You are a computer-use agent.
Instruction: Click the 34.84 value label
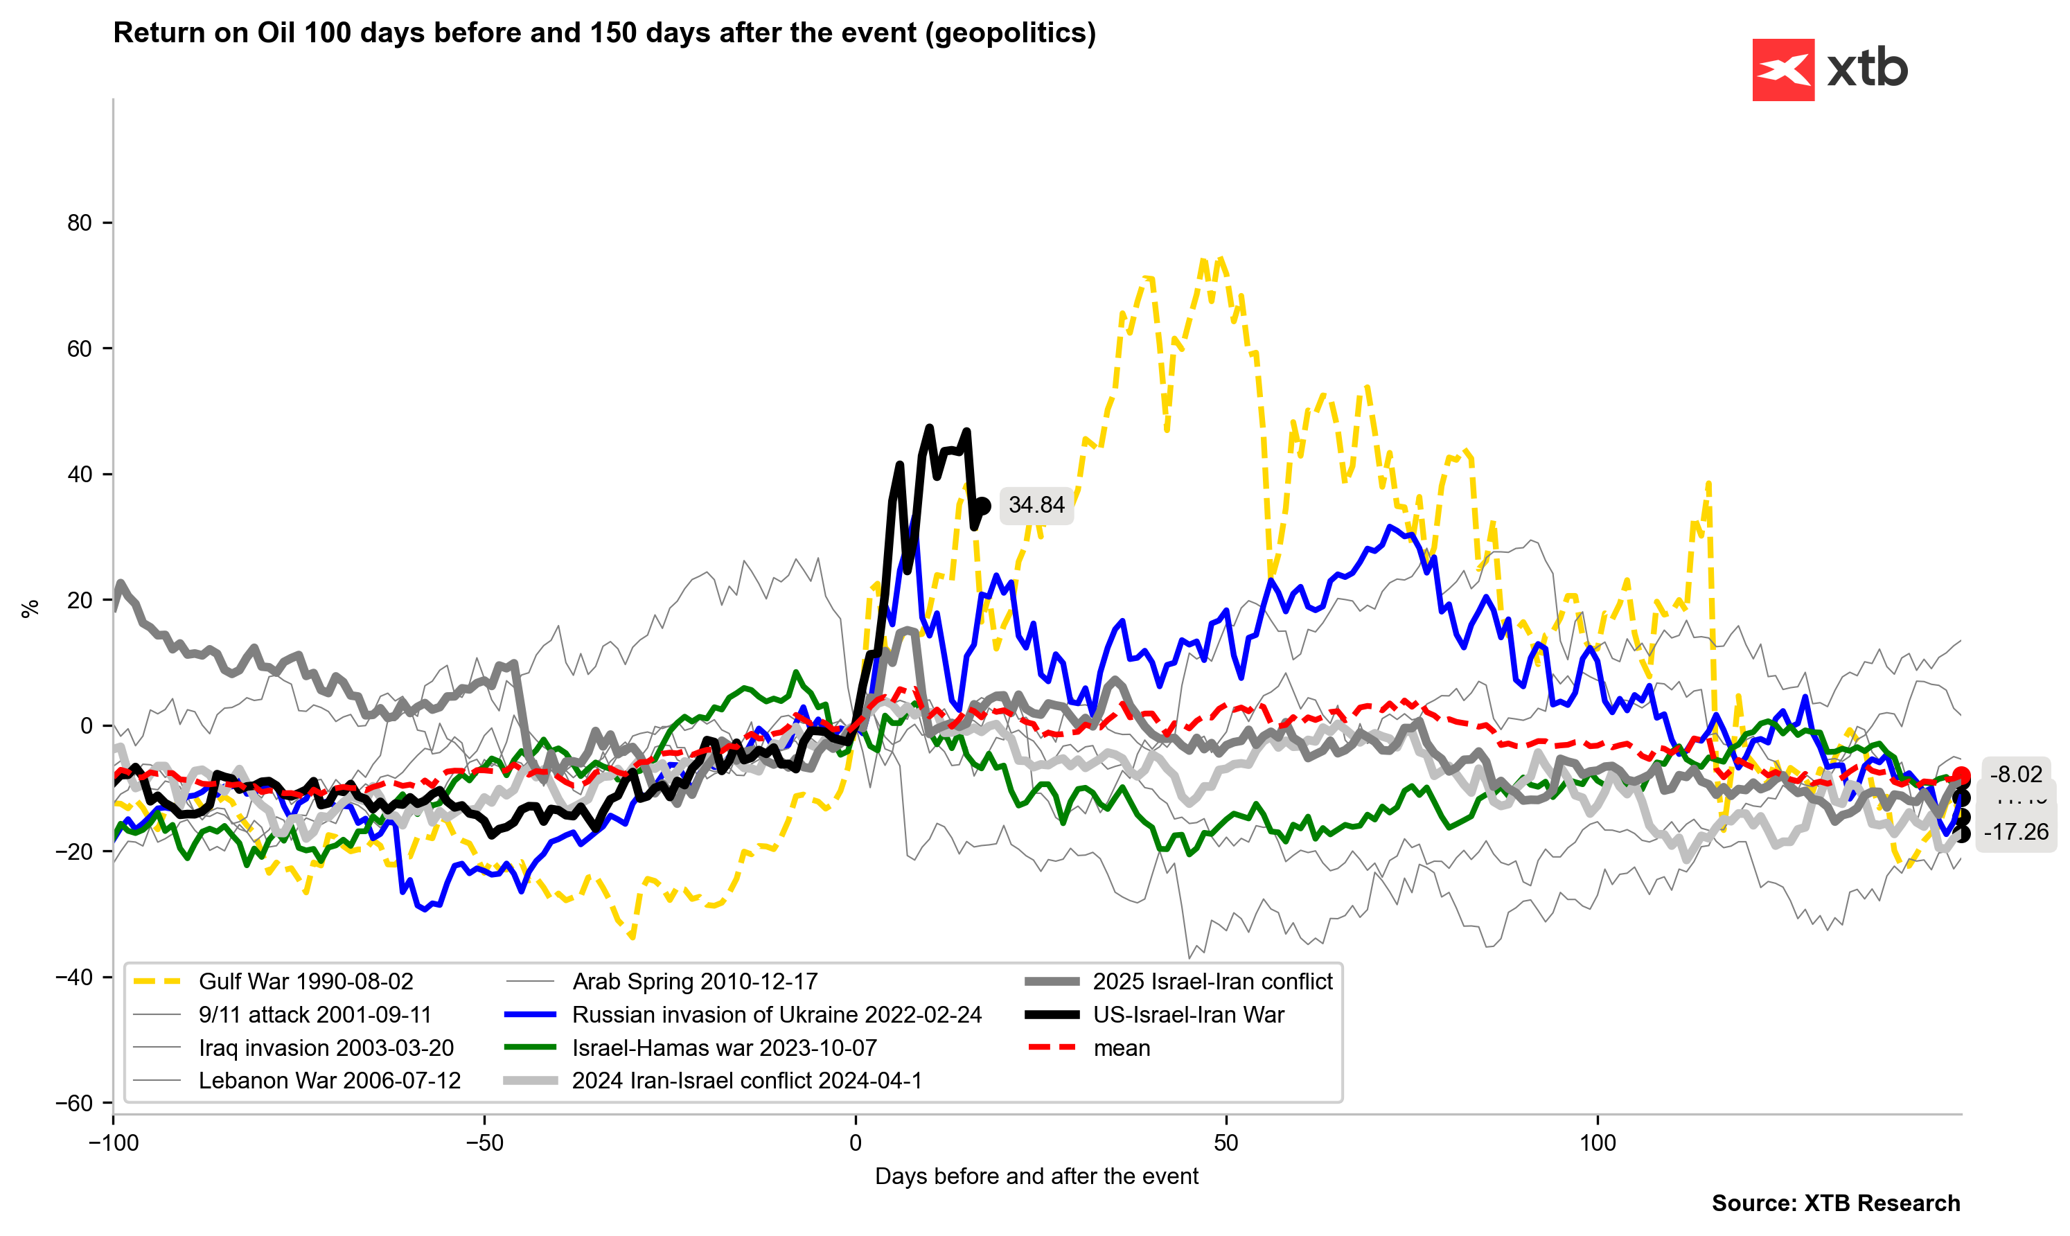tap(1036, 506)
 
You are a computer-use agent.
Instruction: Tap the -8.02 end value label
tap(2015, 775)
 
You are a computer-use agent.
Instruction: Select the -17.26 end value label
tap(2015, 832)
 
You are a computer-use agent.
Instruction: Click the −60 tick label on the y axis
tap(74, 1104)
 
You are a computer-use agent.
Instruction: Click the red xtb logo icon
tap(1782, 70)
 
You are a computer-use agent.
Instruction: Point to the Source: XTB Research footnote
tap(1835, 1203)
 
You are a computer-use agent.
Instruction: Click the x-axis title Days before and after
tap(1036, 1177)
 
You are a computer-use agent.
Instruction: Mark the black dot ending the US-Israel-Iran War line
tap(982, 506)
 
